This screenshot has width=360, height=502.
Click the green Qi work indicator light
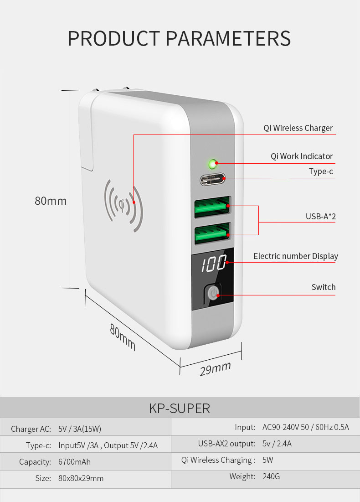(212, 165)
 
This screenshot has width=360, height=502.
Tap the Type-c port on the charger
(212, 180)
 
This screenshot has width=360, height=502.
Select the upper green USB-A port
(212, 207)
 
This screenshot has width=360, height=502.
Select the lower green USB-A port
(212, 233)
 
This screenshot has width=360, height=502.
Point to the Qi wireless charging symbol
(123, 205)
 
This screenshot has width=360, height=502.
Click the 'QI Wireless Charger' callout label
(298, 128)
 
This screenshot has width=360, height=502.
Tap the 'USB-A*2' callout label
(321, 217)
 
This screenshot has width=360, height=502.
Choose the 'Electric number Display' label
(296, 256)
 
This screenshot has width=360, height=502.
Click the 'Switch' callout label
(324, 287)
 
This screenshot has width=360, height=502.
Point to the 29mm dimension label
(216, 369)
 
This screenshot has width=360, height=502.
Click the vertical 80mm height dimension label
(51, 201)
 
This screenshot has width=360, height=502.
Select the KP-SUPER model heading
(180, 409)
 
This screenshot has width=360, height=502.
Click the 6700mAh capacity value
(74, 462)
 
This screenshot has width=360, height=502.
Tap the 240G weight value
(271, 476)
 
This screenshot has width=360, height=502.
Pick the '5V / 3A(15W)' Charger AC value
(80, 429)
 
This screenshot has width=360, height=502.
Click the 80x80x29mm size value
(81, 478)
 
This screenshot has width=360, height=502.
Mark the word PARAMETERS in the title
(228, 39)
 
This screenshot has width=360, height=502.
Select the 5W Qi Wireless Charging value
(267, 460)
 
